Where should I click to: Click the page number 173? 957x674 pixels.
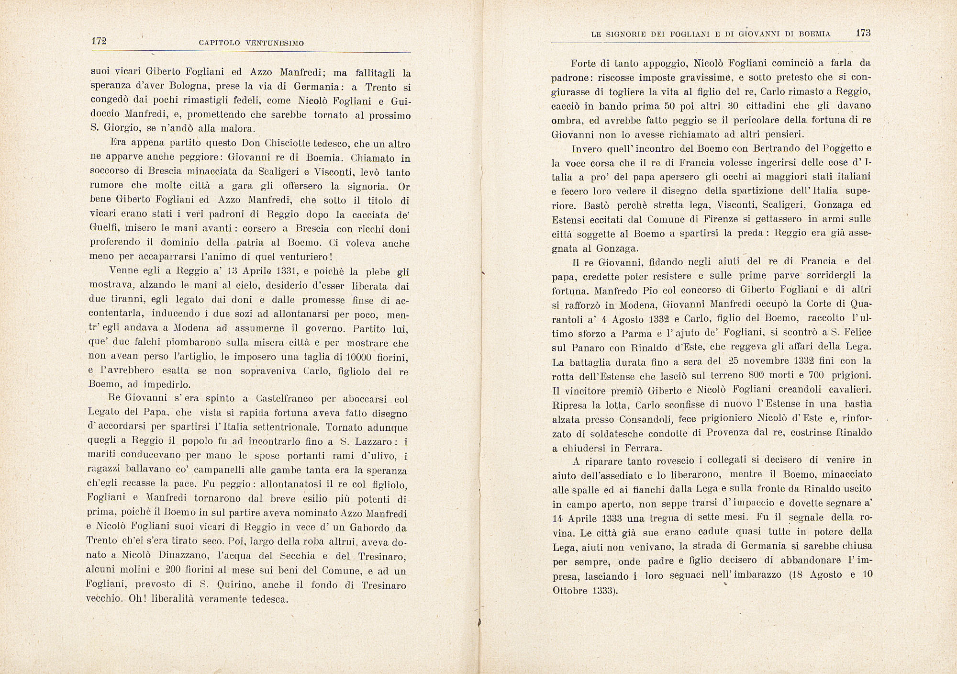(x=863, y=33)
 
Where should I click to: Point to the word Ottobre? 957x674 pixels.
(x=570, y=590)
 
